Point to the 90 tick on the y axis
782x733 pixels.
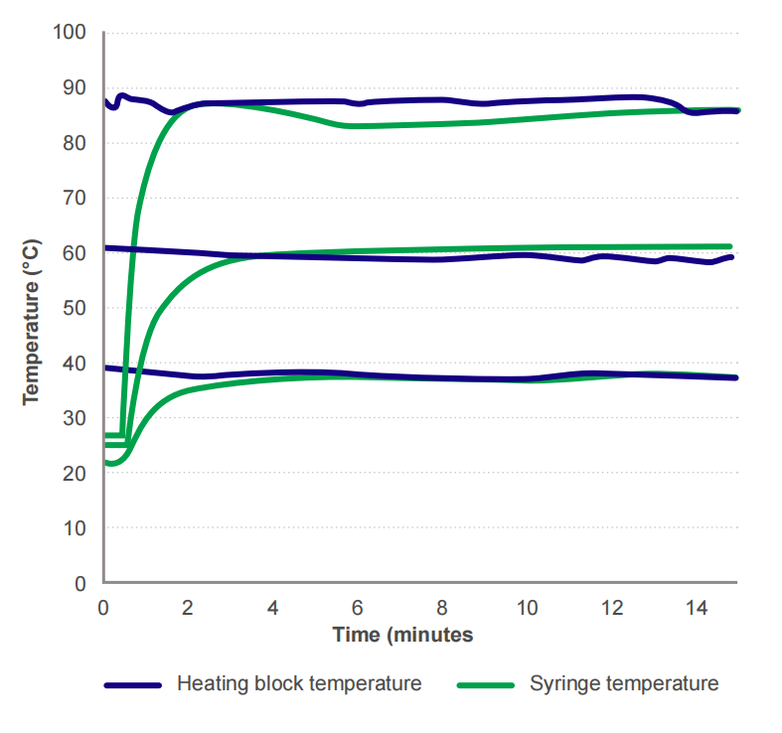tap(78, 87)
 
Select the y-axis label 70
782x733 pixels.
tap(78, 198)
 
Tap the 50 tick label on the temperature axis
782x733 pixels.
tap(78, 308)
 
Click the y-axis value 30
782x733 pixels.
tap(78, 418)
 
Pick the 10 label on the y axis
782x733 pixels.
tap(78, 528)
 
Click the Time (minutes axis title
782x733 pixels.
tap(402, 634)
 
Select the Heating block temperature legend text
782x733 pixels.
tap(299, 683)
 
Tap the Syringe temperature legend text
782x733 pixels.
tap(623, 683)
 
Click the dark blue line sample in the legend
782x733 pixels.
tap(132, 684)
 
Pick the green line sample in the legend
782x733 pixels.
tap(486, 684)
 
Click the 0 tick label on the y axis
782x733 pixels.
tap(84, 584)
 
